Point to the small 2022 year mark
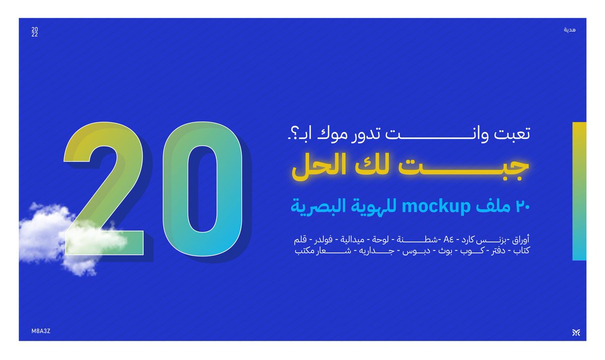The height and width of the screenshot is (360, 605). coord(34,32)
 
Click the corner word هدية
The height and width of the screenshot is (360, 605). coord(570,30)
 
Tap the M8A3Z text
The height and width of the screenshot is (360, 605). coord(41,330)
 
